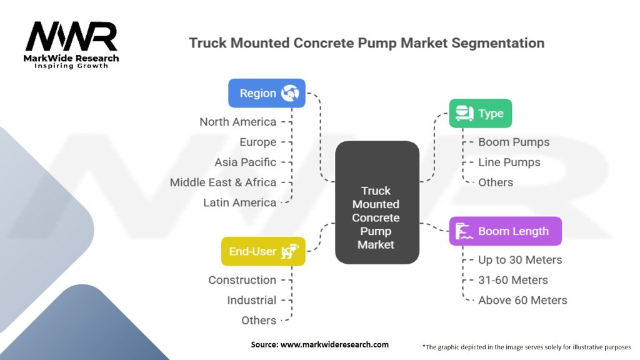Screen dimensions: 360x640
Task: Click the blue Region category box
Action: coord(267,93)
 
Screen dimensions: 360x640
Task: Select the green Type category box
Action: coord(480,114)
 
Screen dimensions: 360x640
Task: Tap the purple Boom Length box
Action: coord(505,231)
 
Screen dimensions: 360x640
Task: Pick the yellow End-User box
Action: coord(263,251)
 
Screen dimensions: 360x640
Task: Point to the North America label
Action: coord(238,122)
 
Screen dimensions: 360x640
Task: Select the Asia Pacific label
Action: coord(246,162)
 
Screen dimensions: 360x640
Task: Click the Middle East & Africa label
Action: coord(223,182)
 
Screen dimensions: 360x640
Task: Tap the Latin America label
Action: coord(240,202)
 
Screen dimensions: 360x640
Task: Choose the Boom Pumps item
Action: coord(514,142)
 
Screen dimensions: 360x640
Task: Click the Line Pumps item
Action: coord(509,162)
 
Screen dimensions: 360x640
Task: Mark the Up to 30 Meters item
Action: coord(520,260)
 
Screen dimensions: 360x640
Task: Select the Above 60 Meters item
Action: coord(522,300)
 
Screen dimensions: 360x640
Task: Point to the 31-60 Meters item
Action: coord(513,280)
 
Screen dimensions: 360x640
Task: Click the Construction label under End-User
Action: coord(242,280)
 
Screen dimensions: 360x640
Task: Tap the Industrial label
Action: coord(251,300)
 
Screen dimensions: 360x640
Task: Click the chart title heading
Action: coord(366,43)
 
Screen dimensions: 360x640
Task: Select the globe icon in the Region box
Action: coord(289,93)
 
